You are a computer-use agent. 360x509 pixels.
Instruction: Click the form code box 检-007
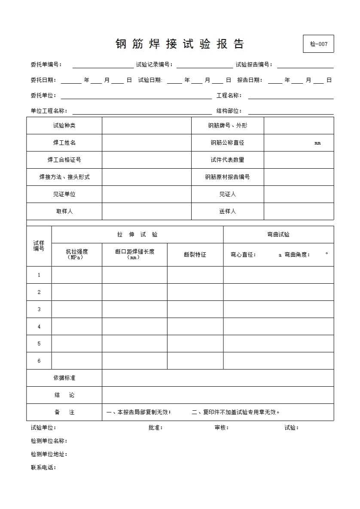[x=318, y=44]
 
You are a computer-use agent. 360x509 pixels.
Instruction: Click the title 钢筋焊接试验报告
[x=180, y=44]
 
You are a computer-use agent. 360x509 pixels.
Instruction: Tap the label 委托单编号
[x=46, y=65]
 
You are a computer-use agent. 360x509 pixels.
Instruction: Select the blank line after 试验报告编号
[x=305, y=65]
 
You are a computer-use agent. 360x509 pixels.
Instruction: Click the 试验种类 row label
[x=64, y=126]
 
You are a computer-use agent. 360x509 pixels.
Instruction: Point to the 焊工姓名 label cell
[x=64, y=143]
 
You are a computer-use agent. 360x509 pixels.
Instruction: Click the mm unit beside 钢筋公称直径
[x=317, y=143]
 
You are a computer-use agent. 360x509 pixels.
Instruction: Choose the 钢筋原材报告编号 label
[x=227, y=177]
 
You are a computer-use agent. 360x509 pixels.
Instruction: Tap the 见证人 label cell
[x=227, y=194]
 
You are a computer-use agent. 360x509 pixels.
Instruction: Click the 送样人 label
[x=227, y=212]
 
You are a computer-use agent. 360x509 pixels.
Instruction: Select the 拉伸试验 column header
[x=137, y=235]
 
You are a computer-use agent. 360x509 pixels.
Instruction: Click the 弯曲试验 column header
[x=278, y=235]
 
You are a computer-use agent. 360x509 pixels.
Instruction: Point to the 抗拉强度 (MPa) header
[x=76, y=254]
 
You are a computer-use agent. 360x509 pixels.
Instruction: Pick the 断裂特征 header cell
[x=195, y=255]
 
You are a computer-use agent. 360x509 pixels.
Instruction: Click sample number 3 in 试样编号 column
[x=39, y=309]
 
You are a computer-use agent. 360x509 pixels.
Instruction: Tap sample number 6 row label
[x=39, y=361]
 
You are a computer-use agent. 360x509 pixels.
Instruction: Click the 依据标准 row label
[x=64, y=378]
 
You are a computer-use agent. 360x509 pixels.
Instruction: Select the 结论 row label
[x=64, y=395]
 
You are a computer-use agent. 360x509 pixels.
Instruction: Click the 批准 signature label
[x=155, y=428]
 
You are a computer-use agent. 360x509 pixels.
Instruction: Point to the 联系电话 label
[x=43, y=468]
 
